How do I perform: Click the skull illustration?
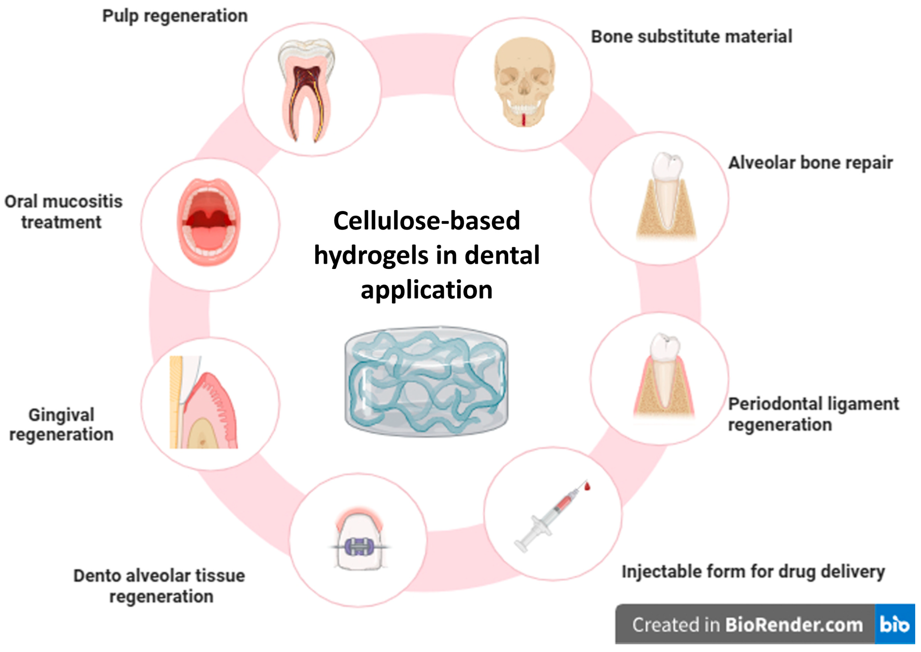[x=524, y=82]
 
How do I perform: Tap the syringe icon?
[x=550, y=518]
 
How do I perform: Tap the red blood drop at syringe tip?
[x=588, y=487]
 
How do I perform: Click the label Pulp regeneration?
[x=175, y=16]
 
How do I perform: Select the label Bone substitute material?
[x=691, y=36]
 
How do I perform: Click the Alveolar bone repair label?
[x=810, y=163]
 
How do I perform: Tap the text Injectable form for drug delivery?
[x=753, y=572]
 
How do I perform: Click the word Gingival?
[x=61, y=415]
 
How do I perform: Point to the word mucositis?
[x=88, y=202]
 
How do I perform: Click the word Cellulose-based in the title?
[x=426, y=221]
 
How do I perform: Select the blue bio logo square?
[x=895, y=624]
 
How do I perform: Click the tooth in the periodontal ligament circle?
[x=664, y=369]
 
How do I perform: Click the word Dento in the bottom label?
[x=97, y=576]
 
